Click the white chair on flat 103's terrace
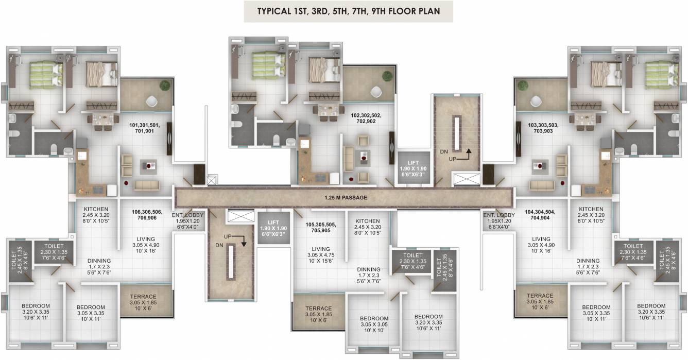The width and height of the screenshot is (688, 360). coord(537,101)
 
